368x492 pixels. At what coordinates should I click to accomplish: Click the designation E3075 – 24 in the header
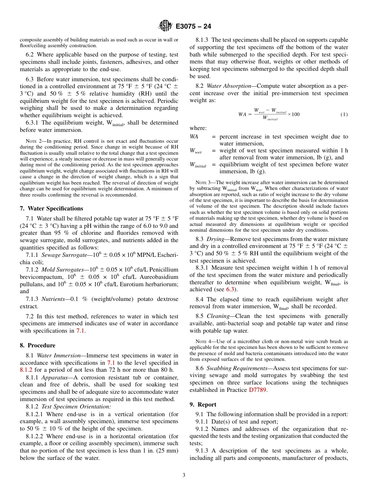(x=193, y=27)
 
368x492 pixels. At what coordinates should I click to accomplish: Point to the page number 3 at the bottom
(x=184, y=475)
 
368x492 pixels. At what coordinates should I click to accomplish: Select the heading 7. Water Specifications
(x=51, y=208)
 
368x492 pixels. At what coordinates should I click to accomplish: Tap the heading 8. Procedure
(x=38, y=345)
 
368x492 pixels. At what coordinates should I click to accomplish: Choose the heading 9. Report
(x=203, y=405)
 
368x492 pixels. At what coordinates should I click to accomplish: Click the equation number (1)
(x=344, y=114)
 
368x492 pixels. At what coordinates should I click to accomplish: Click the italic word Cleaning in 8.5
(x=219, y=316)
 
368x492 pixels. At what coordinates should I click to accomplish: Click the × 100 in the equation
(x=294, y=114)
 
